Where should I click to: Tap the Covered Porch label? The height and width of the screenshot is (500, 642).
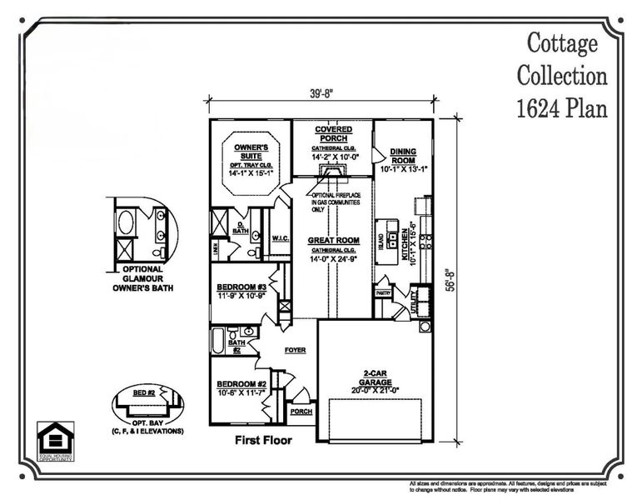[332, 134]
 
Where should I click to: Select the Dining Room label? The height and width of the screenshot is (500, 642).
[403, 156]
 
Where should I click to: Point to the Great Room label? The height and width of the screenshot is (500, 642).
[332, 241]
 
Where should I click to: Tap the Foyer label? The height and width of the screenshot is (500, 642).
[296, 351]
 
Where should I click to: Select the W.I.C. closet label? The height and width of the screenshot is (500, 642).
[280, 238]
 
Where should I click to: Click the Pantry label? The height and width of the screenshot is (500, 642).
[383, 293]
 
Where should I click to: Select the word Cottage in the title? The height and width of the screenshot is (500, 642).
[562, 42]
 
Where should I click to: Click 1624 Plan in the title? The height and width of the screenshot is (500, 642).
[562, 107]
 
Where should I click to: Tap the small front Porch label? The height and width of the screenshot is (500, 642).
[299, 412]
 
